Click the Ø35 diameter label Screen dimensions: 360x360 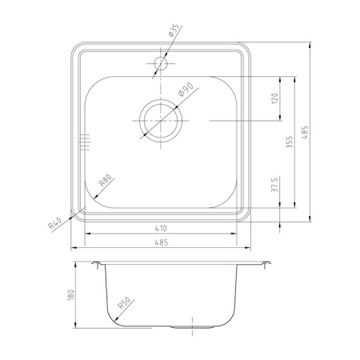(173, 32)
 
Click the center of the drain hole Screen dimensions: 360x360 (162, 121)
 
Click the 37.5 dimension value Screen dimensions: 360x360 (274, 186)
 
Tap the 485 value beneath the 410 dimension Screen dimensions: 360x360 (162, 243)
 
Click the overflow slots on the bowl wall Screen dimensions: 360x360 (82, 142)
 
